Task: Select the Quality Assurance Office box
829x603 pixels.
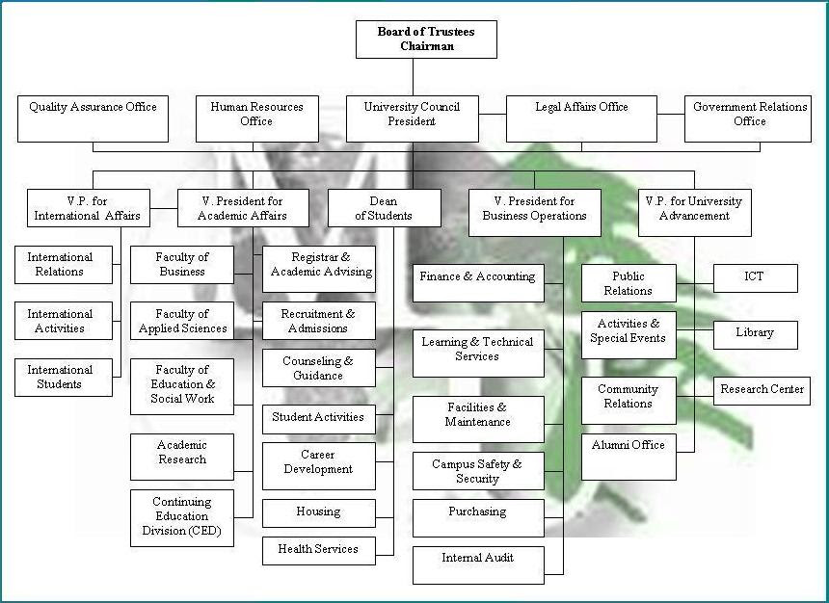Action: click(93, 118)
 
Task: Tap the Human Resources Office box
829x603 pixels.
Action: click(256, 118)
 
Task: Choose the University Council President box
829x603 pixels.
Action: click(413, 118)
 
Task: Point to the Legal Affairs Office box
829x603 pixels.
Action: click(581, 118)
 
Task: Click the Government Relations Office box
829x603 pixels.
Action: click(749, 118)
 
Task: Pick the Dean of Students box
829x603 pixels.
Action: click(384, 208)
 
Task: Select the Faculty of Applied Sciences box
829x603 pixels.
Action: click(182, 321)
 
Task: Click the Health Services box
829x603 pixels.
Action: click(318, 550)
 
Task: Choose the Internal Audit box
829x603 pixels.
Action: click(478, 565)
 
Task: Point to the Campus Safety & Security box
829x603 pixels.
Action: click(478, 471)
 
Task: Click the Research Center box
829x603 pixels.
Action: click(761, 390)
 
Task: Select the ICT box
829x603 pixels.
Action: click(755, 277)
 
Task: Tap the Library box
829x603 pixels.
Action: click(755, 334)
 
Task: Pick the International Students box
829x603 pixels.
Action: click(61, 378)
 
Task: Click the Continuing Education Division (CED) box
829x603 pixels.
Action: click(182, 517)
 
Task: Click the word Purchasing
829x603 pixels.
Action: click(477, 511)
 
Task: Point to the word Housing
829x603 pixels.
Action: click(318, 511)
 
